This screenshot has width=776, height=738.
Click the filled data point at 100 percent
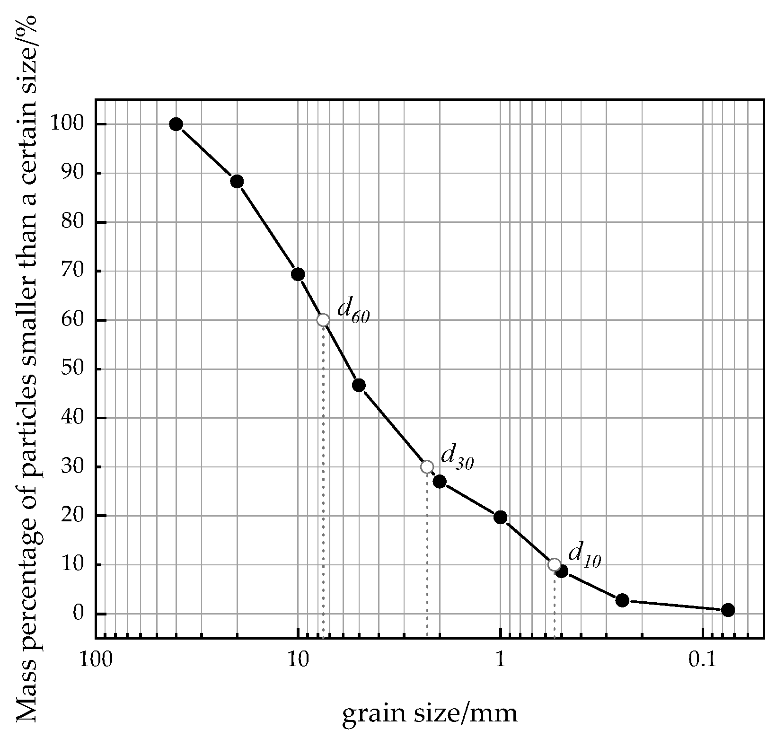pos(176,124)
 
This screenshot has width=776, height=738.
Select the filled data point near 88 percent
pos(237,181)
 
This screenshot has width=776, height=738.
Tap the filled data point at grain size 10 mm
pos(298,274)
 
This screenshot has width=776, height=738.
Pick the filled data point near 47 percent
pos(359,385)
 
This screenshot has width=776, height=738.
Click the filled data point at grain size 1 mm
pos(500,517)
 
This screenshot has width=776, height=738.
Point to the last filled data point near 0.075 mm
pos(728,610)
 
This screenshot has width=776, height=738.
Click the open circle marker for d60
pos(323,320)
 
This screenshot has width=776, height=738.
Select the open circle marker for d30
pos(427,467)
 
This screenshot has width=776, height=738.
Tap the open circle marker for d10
pos(554,564)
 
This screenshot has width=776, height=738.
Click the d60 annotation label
pos(353,310)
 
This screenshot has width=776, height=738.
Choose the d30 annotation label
pos(457,457)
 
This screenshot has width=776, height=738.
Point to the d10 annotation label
pos(584,554)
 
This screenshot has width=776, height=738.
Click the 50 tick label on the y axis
pos(72,369)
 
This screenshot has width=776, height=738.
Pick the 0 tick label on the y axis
pos(78,614)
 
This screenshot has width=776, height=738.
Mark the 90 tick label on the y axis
pos(72,173)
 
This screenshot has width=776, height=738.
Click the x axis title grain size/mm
pos(430,700)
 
